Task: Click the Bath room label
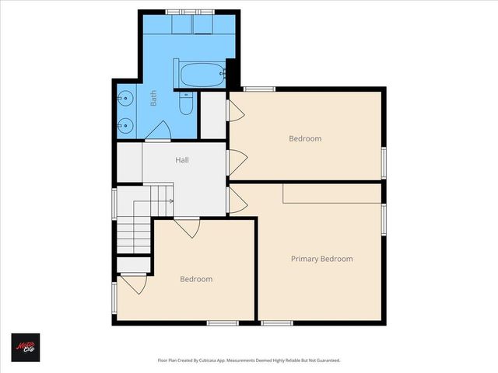pos(154,98)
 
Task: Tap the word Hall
pos(182,160)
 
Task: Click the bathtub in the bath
pos(201,75)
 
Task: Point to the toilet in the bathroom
pos(186,103)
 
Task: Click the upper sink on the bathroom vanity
pos(125,99)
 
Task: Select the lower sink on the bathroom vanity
pos(125,124)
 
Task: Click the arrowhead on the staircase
pos(171,201)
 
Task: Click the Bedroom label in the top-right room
pos(305,139)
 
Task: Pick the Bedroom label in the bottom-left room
pos(196,279)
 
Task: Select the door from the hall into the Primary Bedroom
pos(237,201)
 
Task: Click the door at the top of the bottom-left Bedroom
pos(188,228)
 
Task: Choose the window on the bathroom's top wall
pos(191,11)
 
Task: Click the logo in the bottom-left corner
pos(25,347)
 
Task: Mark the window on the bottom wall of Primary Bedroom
pos(275,322)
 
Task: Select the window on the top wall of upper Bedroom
pos(259,89)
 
